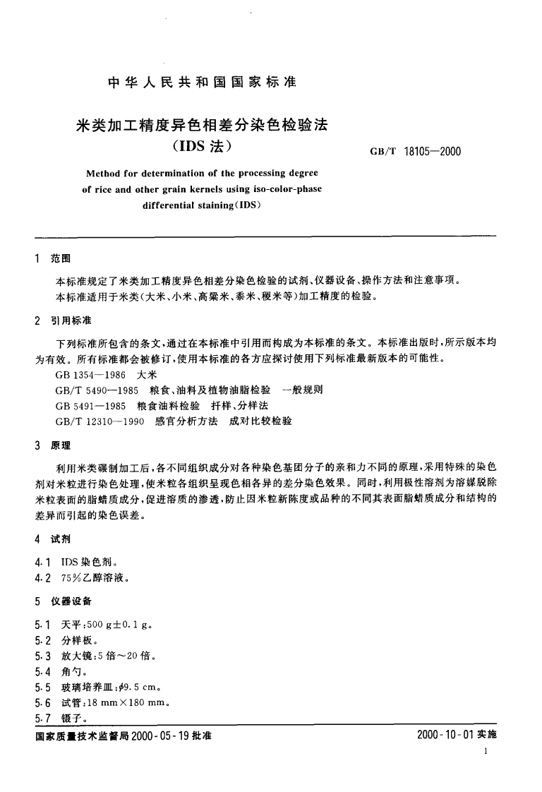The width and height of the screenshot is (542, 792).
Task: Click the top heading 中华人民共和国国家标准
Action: tap(201, 81)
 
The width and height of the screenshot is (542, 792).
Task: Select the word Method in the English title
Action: tap(104, 173)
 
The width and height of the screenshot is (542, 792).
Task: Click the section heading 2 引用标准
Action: tap(64, 320)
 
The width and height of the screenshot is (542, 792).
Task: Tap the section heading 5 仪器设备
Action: tap(64, 601)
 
